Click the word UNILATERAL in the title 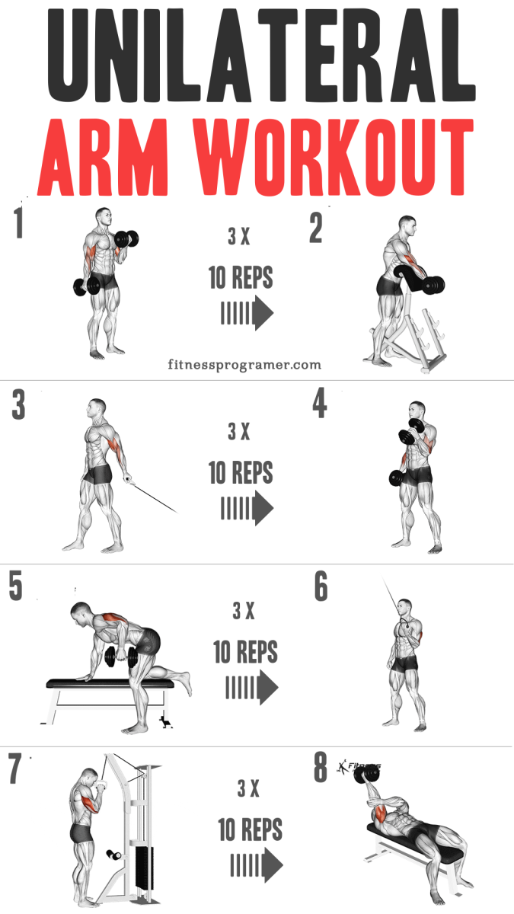point(261,55)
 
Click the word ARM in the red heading point(103,157)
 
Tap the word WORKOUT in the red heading point(334,157)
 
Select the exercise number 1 point(18,222)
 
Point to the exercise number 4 point(320,403)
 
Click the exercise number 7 point(14,769)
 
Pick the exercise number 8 point(321,767)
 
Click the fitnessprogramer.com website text point(244,364)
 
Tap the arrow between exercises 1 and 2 point(247,313)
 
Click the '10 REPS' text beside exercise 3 point(241,472)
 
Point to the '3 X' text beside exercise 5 point(244,611)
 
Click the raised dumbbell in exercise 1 point(126,238)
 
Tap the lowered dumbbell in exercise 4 point(397,478)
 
